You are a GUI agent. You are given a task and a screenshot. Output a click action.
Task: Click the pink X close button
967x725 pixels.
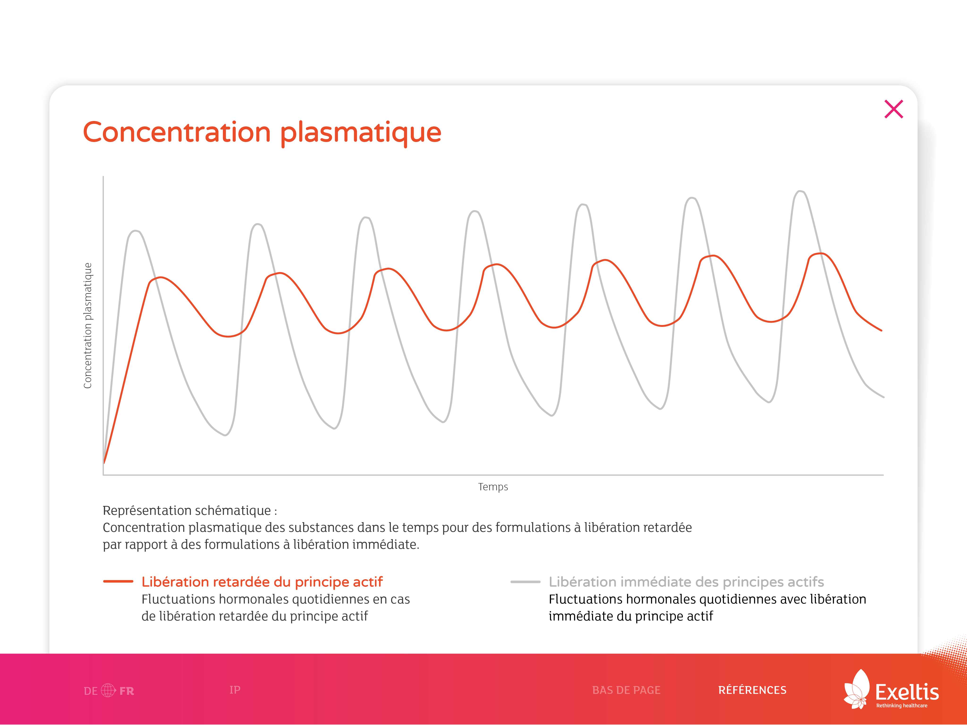tap(894, 109)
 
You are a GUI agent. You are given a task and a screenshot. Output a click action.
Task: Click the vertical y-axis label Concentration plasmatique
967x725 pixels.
tap(88, 325)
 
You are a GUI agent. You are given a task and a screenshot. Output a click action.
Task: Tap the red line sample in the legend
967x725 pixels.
tap(118, 581)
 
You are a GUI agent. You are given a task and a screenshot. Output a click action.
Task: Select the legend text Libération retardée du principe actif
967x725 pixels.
tap(262, 582)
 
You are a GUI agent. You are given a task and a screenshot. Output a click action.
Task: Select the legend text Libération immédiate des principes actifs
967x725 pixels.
tap(686, 582)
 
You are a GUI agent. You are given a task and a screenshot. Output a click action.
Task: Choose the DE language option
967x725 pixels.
tap(90, 691)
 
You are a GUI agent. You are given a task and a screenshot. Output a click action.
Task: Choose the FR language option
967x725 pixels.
tap(127, 691)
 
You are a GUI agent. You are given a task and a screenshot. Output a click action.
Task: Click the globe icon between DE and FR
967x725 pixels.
tap(108, 690)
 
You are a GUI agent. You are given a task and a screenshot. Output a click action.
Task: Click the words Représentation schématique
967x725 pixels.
tap(187, 511)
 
